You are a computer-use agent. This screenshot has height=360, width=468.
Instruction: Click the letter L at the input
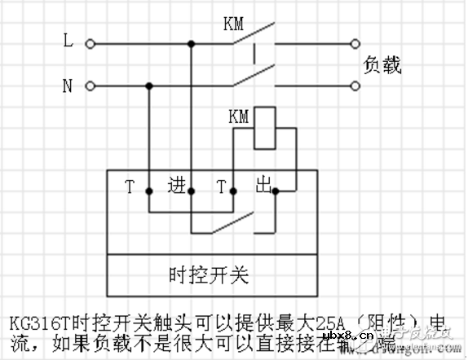point(68,38)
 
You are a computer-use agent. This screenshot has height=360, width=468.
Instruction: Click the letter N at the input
point(68,84)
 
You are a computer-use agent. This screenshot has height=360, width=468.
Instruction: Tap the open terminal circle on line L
point(90,43)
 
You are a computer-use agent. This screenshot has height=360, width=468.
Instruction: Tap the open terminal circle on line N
point(90,86)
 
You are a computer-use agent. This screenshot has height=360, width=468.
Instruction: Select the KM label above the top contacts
point(234,24)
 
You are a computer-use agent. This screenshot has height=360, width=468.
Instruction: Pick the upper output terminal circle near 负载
point(355,43)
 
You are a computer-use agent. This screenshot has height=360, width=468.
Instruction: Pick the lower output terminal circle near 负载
point(355,86)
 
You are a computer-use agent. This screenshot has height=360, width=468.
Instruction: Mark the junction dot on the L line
point(191,43)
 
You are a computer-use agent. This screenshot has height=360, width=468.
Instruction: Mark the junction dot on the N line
point(149,86)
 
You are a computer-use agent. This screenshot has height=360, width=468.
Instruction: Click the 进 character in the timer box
point(176,184)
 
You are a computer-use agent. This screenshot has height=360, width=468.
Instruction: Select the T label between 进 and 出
point(220,187)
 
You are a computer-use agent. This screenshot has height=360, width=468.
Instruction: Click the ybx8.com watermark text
point(347,338)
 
